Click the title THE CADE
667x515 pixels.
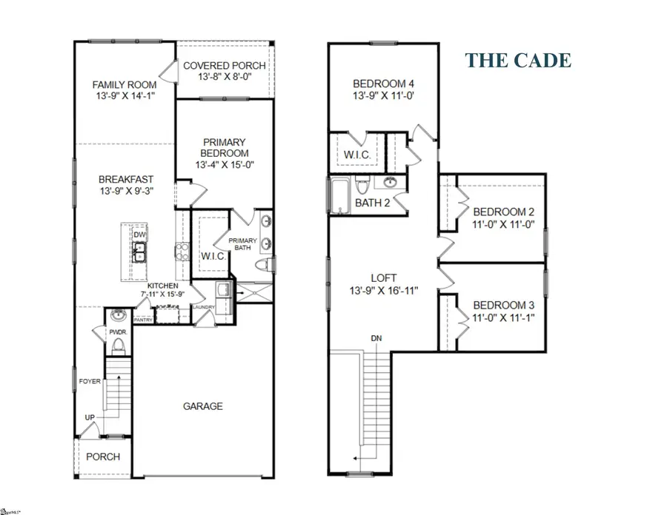[519, 60]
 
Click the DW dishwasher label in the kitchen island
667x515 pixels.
[139, 235]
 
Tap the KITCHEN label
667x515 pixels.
[162, 286]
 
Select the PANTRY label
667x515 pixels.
[143, 320]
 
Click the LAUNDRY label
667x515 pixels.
[203, 307]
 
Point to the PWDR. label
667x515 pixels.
[119, 333]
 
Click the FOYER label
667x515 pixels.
[90, 382]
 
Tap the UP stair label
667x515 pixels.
[90, 419]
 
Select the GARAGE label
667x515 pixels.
[202, 406]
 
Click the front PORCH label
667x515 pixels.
[103, 457]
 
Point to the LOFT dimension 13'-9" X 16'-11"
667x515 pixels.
[379, 292]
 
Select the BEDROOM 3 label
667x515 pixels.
[504, 305]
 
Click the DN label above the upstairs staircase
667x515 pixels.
[376, 339]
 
